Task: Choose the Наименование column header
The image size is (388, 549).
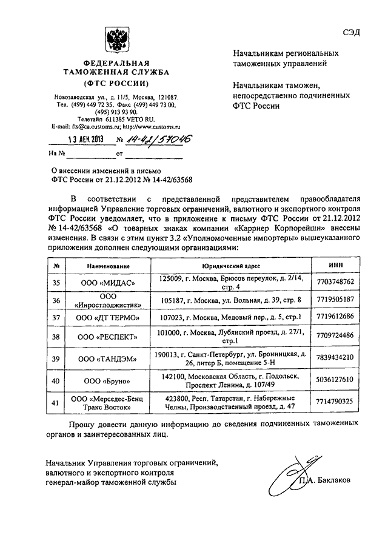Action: (x=108, y=266)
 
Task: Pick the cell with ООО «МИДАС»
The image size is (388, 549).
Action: (x=108, y=281)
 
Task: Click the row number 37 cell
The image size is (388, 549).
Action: (x=56, y=317)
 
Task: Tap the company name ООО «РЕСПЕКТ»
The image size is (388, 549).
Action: (x=108, y=336)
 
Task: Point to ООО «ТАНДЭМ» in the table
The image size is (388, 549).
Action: (x=108, y=358)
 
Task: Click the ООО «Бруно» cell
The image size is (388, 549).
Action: (x=108, y=380)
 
